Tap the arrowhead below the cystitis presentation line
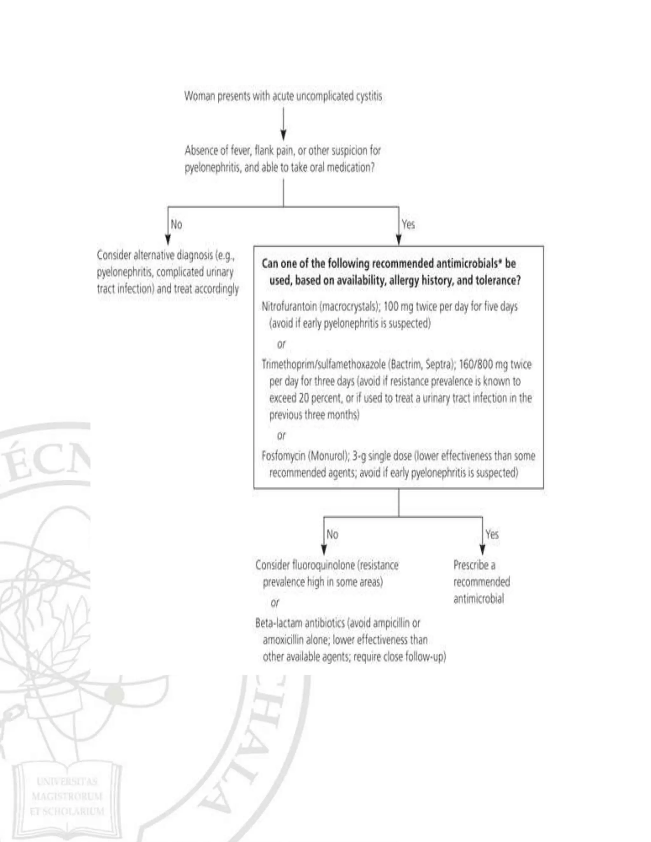pos(284,135)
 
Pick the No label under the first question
pos(176,224)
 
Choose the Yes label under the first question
pos(408,224)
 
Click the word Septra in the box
pos(437,364)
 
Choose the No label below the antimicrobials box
pos(332,534)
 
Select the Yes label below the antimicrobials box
pos(492,534)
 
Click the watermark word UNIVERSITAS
pos(67,782)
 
